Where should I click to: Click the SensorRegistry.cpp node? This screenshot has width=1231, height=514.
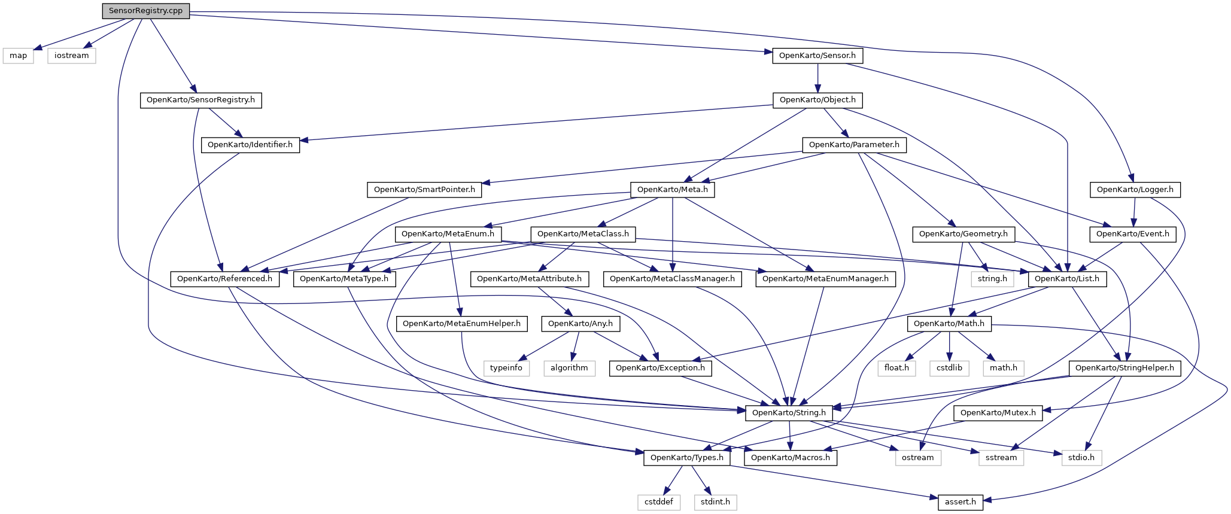(x=145, y=11)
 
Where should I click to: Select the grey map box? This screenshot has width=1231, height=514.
(x=18, y=56)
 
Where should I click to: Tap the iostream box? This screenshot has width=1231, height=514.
(x=71, y=56)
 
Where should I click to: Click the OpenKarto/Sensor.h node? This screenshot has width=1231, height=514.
(x=817, y=56)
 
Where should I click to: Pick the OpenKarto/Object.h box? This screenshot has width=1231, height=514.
(x=817, y=100)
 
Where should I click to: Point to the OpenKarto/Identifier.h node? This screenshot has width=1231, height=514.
(x=250, y=145)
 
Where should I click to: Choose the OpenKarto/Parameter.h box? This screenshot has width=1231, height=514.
(x=854, y=145)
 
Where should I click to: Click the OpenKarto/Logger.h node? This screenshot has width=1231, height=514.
(x=1135, y=190)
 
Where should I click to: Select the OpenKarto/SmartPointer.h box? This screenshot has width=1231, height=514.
(x=424, y=190)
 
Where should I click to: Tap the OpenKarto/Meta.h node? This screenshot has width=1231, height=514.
(x=673, y=190)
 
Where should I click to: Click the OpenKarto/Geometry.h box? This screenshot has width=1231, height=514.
(x=963, y=234)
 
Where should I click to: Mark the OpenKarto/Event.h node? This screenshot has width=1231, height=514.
(x=1133, y=234)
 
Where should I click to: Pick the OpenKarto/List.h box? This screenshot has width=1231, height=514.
(x=1067, y=279)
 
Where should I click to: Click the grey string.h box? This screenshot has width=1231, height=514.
(x=992, y=279)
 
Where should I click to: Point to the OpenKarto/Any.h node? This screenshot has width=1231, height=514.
(x=580, y=324)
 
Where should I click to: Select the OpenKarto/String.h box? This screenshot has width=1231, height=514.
(x=789, y=413)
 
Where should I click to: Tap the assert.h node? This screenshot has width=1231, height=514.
(x=961, y=502)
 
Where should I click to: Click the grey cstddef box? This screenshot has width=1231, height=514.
(x=658, y=502)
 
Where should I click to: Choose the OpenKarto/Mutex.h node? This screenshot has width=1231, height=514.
(x=998, y=413)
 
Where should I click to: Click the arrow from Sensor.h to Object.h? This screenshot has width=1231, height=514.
(x=817, y=78)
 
